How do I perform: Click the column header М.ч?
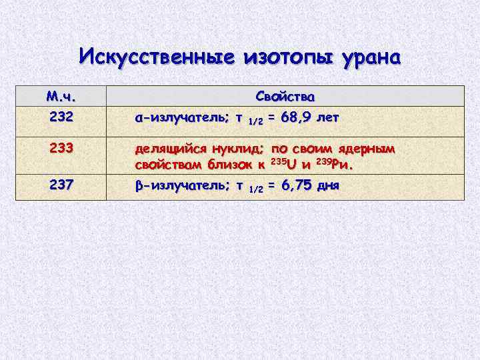coord(59,96)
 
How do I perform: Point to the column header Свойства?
coord(286,96)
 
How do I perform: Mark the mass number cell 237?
coord(59,185)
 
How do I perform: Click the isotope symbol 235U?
coord(286,163)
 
